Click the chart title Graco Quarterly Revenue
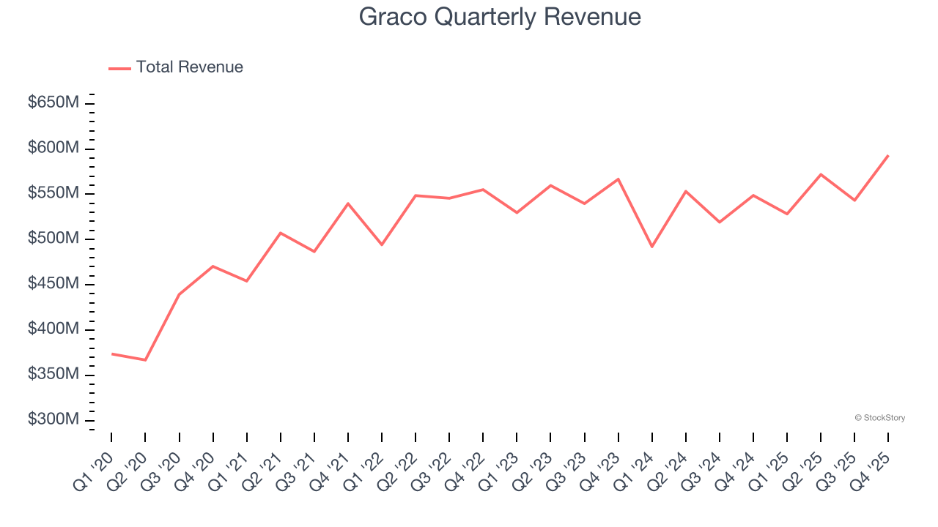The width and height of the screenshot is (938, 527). pos(500,17)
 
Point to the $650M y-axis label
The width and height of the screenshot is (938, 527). pos(53,102)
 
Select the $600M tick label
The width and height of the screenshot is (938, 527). pos(53,148)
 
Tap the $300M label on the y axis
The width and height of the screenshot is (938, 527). pos(53,419)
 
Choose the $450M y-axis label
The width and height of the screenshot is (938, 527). pos(53,284)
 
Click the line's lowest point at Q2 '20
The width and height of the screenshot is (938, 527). pos(145,360)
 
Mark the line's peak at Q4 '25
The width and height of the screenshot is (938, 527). pos(888,155)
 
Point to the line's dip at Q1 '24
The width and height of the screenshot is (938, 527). pos(651,247)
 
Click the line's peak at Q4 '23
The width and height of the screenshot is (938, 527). pos(618,179)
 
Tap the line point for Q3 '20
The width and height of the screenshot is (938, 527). pos(179,294)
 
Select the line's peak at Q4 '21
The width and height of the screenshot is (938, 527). pos(347,203)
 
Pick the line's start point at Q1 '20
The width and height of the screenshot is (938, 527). pos(111,354)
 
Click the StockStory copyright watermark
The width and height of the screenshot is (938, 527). pos(879,418)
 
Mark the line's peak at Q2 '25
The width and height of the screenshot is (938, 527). pos(821,174)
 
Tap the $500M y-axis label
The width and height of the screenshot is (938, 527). pos(53,239)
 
